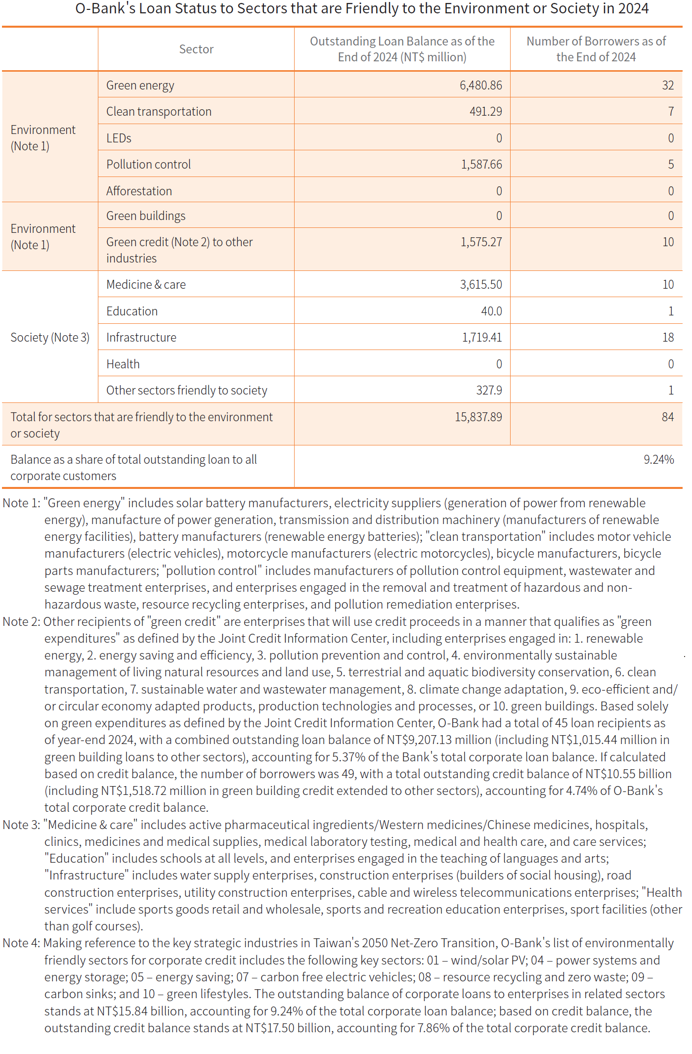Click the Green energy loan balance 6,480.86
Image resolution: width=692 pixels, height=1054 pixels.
click(480, 85)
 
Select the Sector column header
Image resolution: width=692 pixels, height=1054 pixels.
click(196, 49)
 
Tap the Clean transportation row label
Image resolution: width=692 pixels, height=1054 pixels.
click(159, 112)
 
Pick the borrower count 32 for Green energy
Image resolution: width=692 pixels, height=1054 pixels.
click(668, 85)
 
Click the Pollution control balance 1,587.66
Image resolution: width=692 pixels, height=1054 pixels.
click(481, 164)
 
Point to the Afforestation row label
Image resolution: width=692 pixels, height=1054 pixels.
click(139, 191)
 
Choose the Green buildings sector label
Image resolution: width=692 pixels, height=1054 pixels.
click(146, 216)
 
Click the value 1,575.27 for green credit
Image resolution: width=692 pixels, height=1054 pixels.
click(481, 242)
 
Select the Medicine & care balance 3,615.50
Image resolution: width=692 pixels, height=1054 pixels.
click(481, 284)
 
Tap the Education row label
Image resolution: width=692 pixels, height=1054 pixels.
click(132, 311)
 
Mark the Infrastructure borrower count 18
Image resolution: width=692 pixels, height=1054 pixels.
click(668, 337)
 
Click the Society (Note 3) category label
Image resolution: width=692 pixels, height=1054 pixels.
click(50, 337)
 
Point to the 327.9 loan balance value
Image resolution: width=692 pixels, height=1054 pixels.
click(489, 390)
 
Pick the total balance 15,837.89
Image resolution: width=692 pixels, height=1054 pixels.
click(478, 417)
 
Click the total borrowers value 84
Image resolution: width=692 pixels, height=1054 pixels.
click(668, 417)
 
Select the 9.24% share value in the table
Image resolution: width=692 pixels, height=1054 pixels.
click(658, 459)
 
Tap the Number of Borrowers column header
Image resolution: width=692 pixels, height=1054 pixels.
click(596, 49)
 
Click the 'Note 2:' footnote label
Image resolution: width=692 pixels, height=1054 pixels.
click(21, 621)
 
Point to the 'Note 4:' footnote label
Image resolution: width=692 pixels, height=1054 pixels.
click(21, 943)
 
